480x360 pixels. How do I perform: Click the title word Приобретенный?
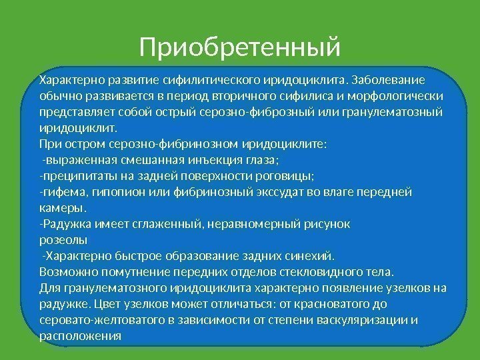(240, 47)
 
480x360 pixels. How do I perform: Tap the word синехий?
(313, 255)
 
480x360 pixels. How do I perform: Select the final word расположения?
(81, 336)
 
